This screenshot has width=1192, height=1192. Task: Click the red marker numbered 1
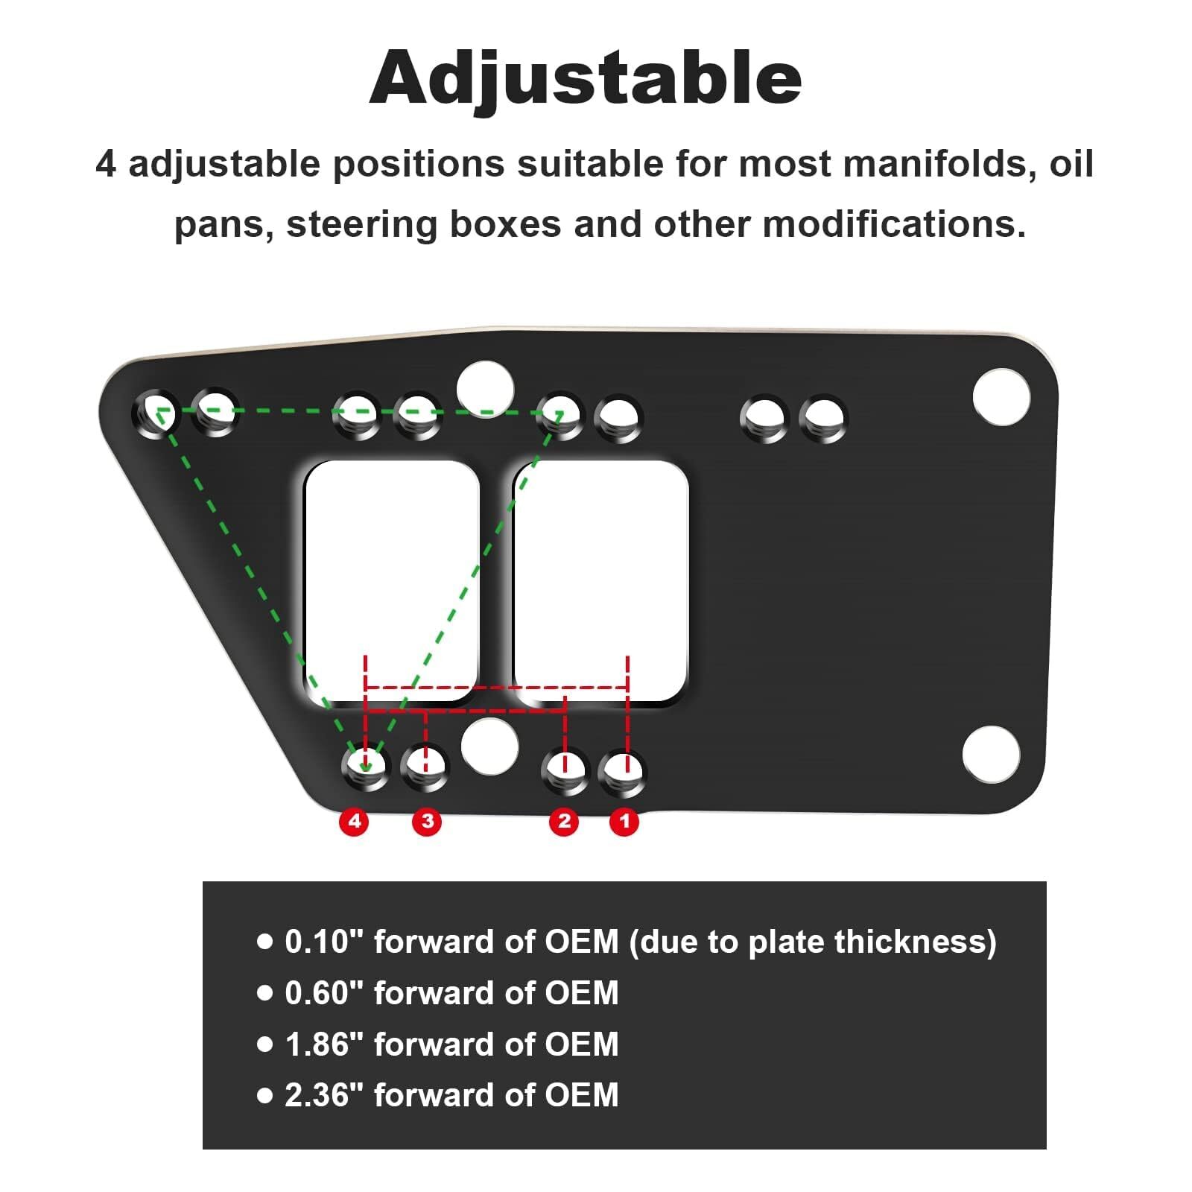(624, 821)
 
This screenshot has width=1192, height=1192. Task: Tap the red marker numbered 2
(564, 821)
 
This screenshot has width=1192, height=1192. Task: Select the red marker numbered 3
(427, 821)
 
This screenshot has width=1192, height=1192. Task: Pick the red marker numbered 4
(355, 821)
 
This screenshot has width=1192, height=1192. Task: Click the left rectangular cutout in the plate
(392, 581)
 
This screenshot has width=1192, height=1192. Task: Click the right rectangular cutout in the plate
(600, 581)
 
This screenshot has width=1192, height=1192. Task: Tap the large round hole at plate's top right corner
(1001, 396)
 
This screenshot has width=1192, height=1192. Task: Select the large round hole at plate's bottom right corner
(991, 754)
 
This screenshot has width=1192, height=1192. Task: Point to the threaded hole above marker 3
(425, 767)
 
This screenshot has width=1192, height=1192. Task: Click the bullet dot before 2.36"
(264, 1095)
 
